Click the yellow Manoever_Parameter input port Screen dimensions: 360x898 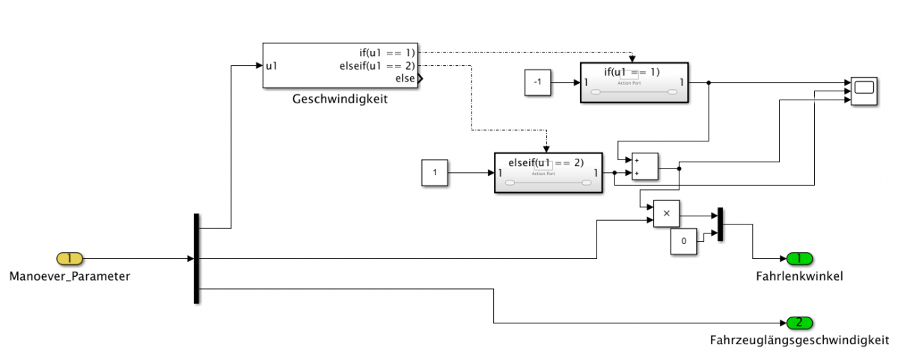pyautogui.click(x=70, y=259)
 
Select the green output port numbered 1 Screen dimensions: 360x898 pyautogui.click(x=799, y=259)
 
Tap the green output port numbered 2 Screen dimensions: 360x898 pyautogui.click(x=799, y=323)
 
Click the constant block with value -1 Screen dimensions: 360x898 pyautogui.click(x=537, y=82)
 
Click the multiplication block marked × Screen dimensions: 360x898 pyautogui.click(x=667, y=213)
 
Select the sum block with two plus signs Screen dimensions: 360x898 pyautogui.click(x=645, y=166)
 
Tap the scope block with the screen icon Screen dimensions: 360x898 pyautogui.click(x=864, y=91)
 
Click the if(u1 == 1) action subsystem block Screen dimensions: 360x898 pyautogui.click(x=634, y=82)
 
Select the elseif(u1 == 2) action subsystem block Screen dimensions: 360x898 pyautogui.click(x=549, y=173)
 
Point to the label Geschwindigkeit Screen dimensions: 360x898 pyautogui.click(x=340, y=99)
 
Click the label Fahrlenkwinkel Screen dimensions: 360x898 pyautogui.click(x=799, y=276)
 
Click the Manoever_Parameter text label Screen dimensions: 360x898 pyautogui.click(x=70, y=276)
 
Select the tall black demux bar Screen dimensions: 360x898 pyautogui.click(x=197, y=258)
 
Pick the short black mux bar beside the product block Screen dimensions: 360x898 pyautogui.click(x=719, y=225)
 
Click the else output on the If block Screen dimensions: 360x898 pyautogui.click(x=405, y=79)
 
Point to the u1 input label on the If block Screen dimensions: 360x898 pyautogui.click(x=272, y=66)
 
